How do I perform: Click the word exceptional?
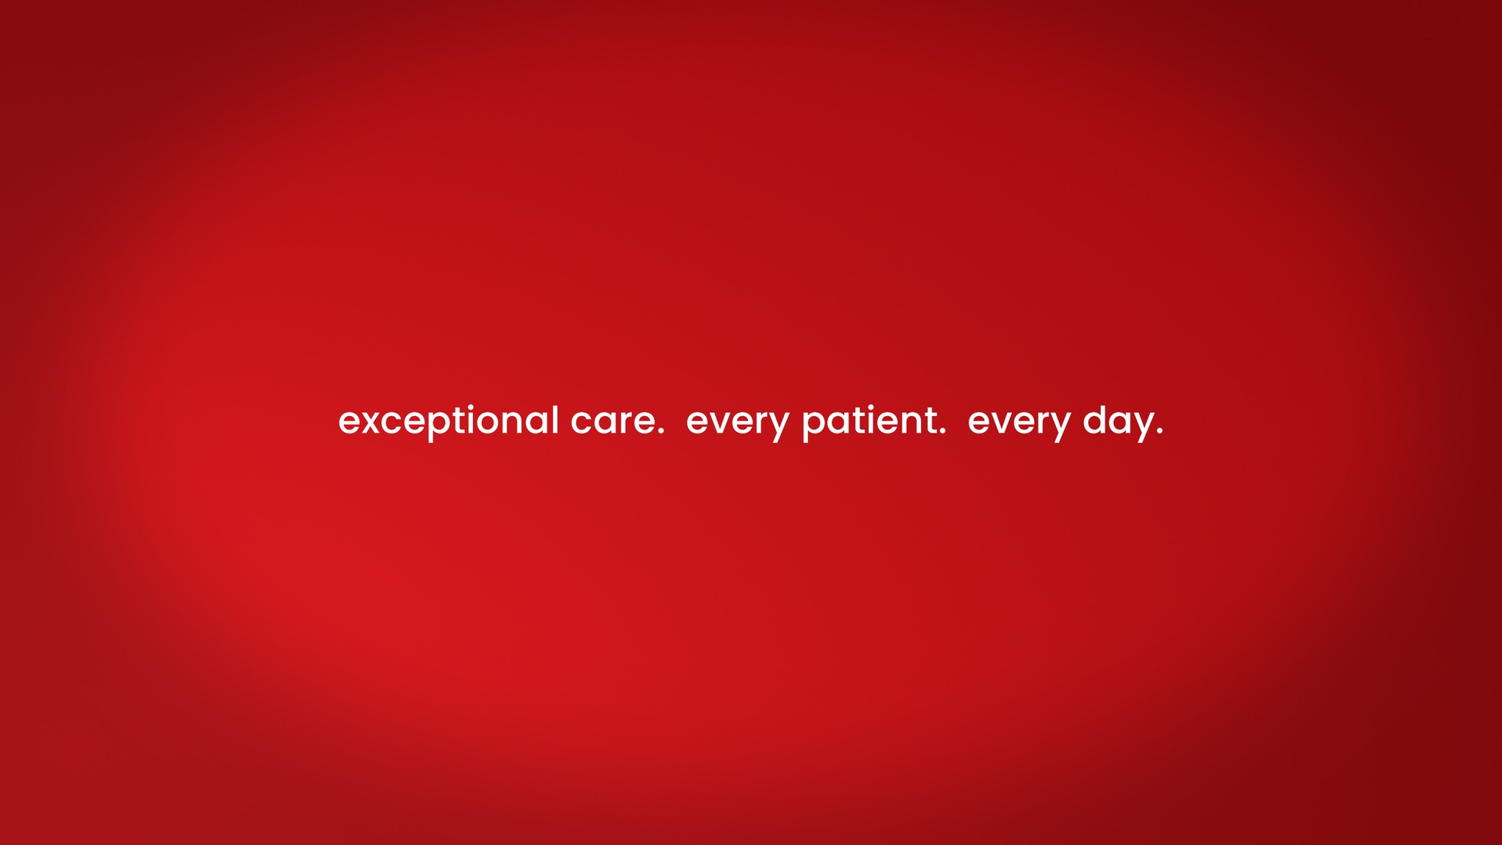point(449,422)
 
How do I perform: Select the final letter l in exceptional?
point(556,420)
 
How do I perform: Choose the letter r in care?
point(631,422)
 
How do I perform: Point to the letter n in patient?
point(913,422)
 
